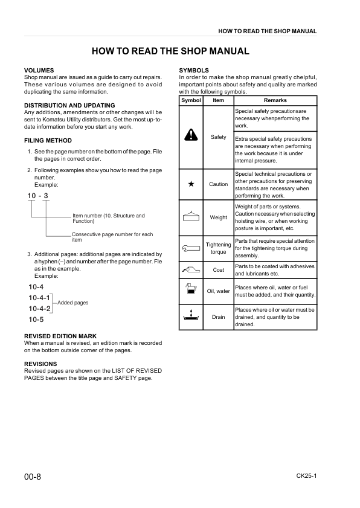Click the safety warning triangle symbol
[191, 137]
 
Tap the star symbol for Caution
[191, 184]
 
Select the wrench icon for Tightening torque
[191, 248]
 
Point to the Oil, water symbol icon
[191, 290]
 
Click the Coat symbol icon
[191, 269]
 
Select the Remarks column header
[275, 100]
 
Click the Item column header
[218, 100]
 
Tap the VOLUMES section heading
[39, 71]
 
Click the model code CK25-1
[306, 476]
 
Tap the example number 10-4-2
[39, 309]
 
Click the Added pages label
[72, 303]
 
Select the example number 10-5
[36, 320]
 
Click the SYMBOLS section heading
[194, 71]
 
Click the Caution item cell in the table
[218, 184]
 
